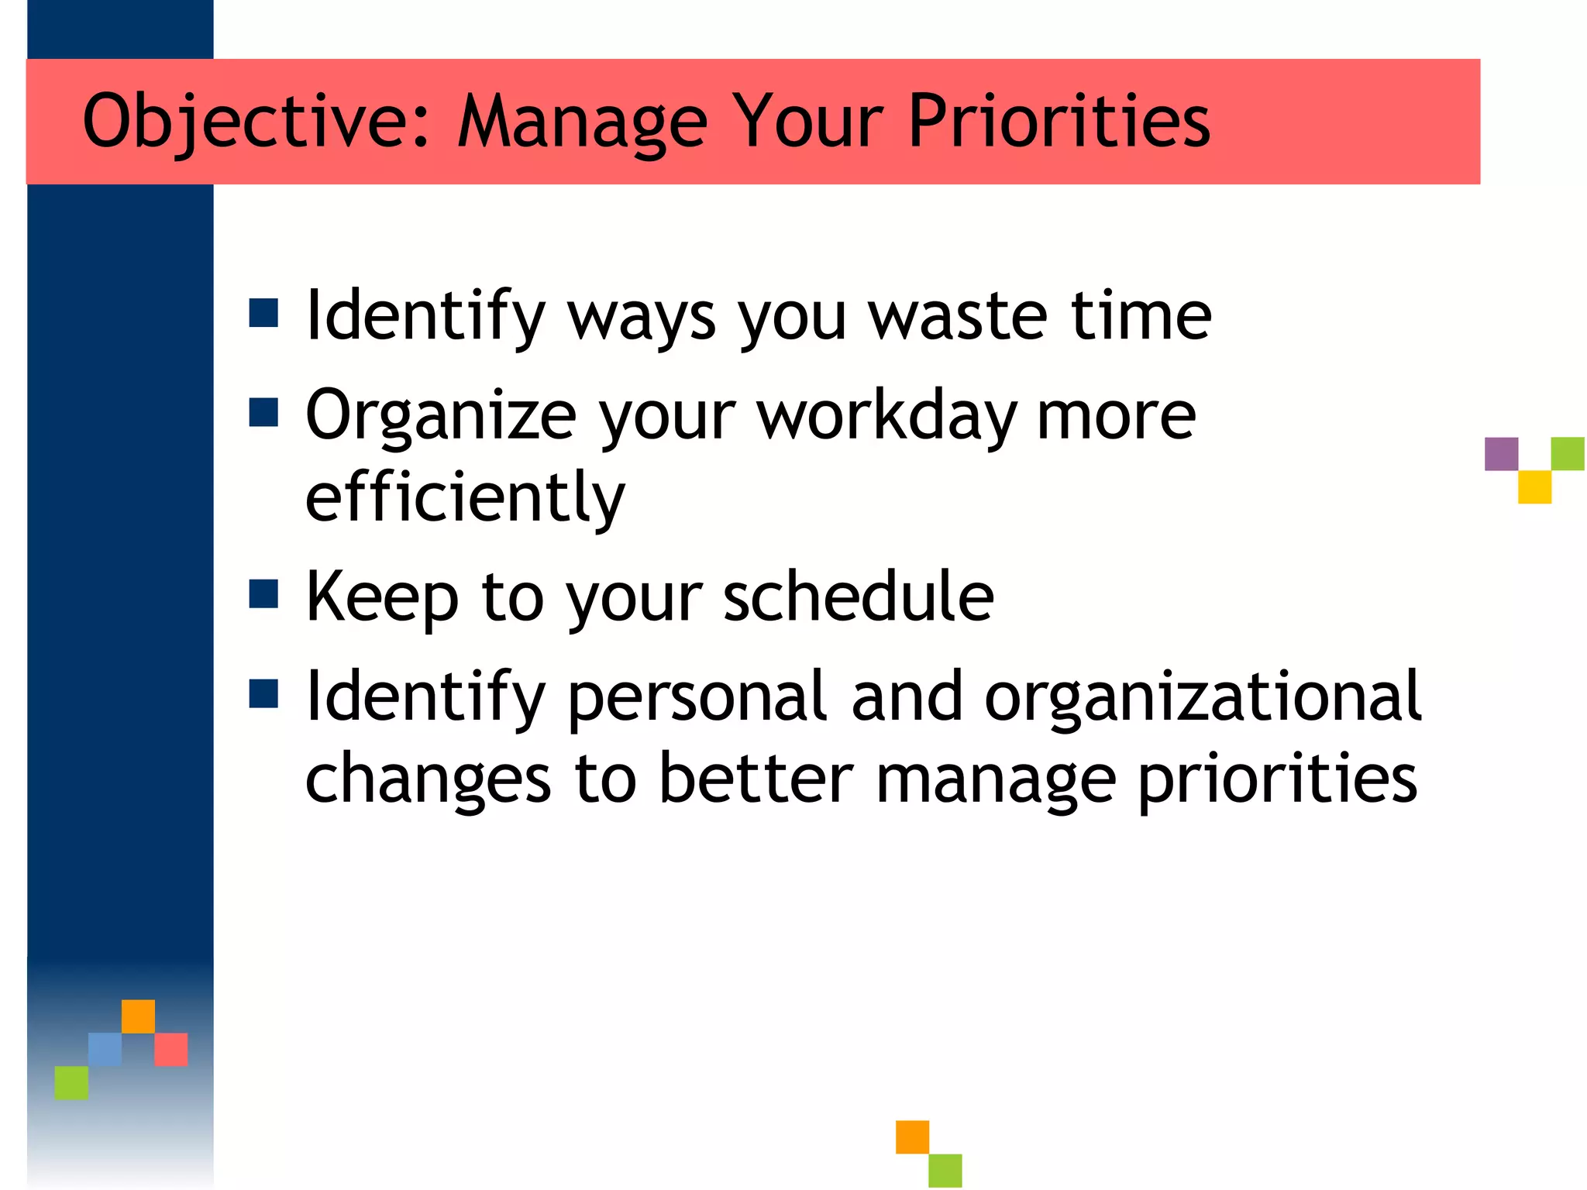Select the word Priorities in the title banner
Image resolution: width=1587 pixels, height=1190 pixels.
[x=1059, y=122]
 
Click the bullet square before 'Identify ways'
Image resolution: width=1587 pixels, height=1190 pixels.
[x=263, y=314]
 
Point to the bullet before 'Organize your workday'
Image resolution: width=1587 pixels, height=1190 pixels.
[x=263, y=413]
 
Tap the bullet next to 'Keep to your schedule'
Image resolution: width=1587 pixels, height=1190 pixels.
[x=263, y=594]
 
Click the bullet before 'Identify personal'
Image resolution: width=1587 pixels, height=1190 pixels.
[x=263, y=694]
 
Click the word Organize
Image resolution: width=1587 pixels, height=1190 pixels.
[x=441, y=417]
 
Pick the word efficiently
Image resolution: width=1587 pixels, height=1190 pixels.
[x=465, y=497]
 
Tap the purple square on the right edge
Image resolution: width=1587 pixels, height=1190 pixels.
[x=1501, y=454]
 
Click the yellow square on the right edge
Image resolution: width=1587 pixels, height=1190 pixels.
[x=1534, y=487]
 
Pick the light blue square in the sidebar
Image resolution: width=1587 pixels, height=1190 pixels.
[x=105, y=1049]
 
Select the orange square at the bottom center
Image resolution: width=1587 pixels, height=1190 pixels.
[x=912, y=1137]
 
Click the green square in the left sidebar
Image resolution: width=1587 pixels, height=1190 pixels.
[x=71, y=1082]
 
